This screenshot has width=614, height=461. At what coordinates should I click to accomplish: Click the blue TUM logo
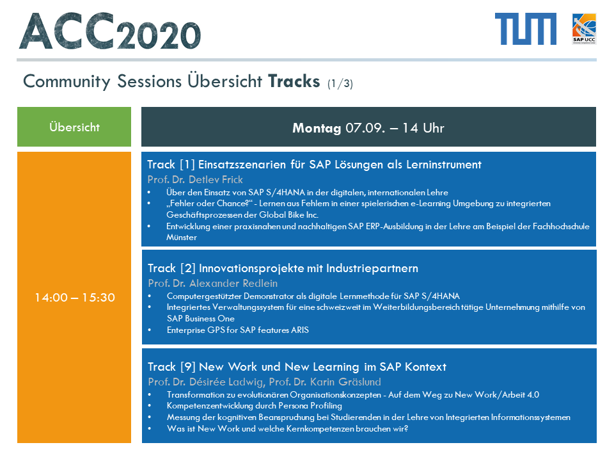(526, 29)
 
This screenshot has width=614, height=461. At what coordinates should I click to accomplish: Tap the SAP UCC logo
(584, 29)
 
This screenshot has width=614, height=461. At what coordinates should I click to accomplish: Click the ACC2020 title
(110, 31)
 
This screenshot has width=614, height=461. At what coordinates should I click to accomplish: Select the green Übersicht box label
(74, 127)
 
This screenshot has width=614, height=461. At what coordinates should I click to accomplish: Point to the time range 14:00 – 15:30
(74, 298)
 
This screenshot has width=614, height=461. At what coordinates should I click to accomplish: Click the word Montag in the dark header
(317, 128)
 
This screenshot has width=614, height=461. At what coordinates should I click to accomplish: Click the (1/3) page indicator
(340, 83)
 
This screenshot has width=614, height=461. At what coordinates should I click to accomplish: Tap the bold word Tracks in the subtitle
(294, 81)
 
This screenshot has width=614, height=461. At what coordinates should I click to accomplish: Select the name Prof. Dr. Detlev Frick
(195, 179)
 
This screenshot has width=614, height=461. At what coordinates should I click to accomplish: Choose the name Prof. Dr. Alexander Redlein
(212, 283)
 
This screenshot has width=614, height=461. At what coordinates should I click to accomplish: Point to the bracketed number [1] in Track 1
(187, 165)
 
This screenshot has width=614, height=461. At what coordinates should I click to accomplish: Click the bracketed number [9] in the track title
(188, 367)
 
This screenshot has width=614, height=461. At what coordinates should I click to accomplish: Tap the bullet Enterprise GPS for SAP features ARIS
(238, 330)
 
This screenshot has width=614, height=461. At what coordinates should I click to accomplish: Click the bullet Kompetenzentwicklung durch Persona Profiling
(254, 406)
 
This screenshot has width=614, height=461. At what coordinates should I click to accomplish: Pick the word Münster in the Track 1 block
(181, 238)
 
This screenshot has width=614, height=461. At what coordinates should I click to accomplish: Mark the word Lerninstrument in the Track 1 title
(444, 165)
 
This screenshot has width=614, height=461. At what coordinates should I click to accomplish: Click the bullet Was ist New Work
(287, 429)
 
